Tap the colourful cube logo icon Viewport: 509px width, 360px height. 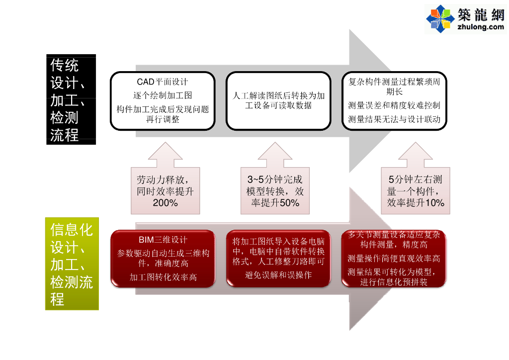(x=440, y=19)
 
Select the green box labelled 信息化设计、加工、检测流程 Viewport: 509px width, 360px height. (x=72, y=264)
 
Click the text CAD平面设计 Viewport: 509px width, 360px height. (x=163, y=82)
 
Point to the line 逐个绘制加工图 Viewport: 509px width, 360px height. (x=163, y=95)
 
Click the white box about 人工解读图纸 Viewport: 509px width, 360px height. (x=278, y=101)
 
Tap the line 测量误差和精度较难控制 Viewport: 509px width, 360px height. (x=394, y=105)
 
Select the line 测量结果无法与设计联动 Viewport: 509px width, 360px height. (x=394, y=119)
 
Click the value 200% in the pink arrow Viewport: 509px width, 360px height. (x=166, y=203)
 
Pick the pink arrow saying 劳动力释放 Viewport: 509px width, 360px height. (x=166, y=184)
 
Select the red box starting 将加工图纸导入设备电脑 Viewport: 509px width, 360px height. (x=278, y=258)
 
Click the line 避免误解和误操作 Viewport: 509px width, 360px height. (x=278, y=274)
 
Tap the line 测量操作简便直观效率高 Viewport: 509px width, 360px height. (x=394, y=259)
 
